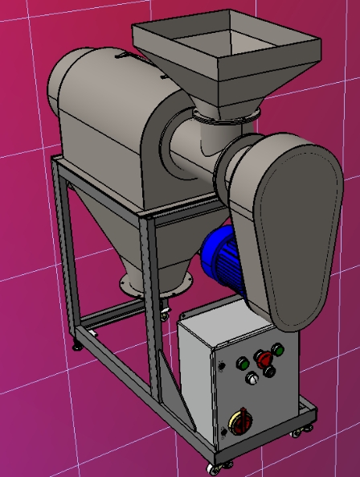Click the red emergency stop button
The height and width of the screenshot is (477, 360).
click(x=262, y=358)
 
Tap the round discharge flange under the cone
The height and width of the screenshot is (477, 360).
click(x=157, y=282)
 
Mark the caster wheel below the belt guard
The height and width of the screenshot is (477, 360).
click(x=298, y=431)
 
